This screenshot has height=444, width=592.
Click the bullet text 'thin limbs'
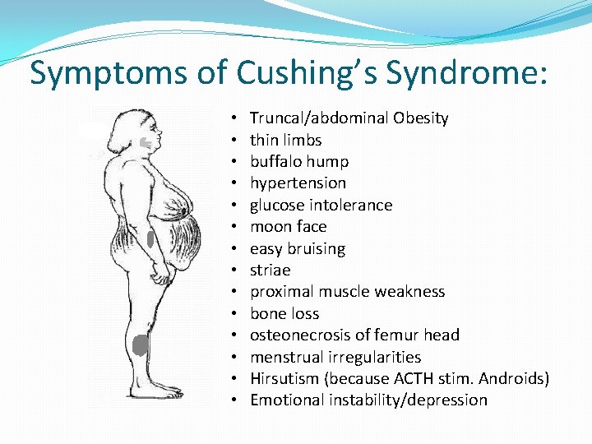[x=285, y=140]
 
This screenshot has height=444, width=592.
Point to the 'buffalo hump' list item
[x=299, y=161]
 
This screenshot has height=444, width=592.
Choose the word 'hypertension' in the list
[x=298, y=183]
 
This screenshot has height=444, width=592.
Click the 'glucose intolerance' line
[x=321, y=205]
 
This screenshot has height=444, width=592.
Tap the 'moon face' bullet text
[x=288, y=226]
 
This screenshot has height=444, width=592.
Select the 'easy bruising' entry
[x=298, y=248]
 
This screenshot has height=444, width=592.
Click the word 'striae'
[x=271, y=270]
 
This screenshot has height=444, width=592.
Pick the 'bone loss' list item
[x=284, y=313]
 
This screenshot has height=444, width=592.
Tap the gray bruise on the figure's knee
[x=141, y=345]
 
